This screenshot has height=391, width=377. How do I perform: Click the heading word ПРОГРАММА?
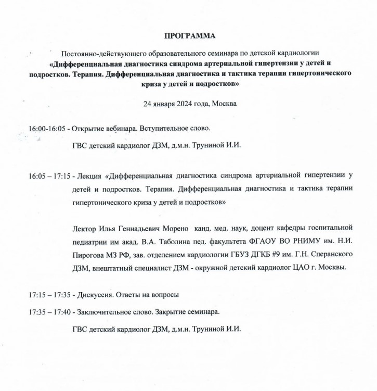pyautogui.click(x=189, y=36)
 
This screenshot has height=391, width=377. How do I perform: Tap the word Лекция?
pyautogui.click(x=89, y=176)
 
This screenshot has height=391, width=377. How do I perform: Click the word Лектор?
pyautogui.click(x=85, y=228)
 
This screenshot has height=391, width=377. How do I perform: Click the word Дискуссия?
pyautogui.click(x=97, y=295)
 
